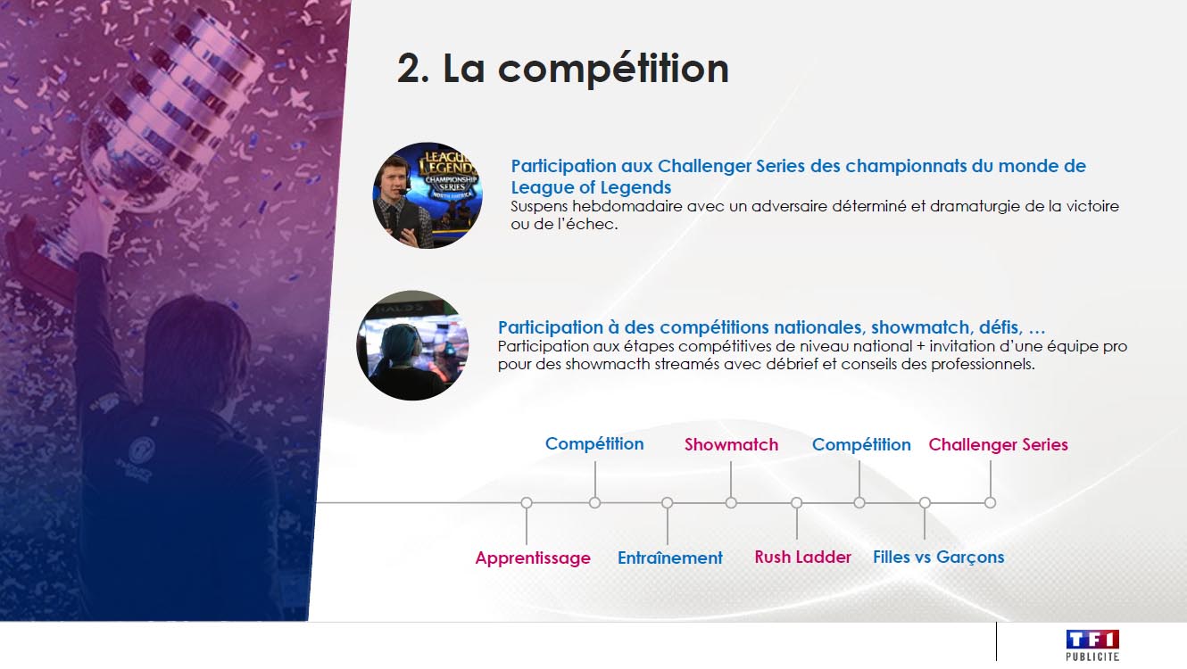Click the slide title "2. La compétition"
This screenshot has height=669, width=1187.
tap(563, 69)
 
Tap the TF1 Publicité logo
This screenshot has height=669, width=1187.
tap(1092, 645)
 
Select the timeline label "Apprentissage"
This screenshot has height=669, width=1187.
tap(533, 557)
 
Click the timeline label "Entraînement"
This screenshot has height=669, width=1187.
tap(669, 557)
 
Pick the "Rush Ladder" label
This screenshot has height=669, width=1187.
tap(802, 557)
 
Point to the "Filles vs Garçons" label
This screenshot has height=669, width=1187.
tap(939, 557)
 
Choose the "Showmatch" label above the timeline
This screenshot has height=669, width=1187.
tap(731, 444)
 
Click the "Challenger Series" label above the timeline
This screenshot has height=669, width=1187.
tap(999, 444)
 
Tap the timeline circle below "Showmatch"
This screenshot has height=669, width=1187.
tap(731, 503)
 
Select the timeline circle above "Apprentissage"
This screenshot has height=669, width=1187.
tap(527, 503)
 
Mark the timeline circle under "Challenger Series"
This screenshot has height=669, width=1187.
tap(990, 503)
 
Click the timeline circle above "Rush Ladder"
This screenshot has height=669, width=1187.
tap(796, 503)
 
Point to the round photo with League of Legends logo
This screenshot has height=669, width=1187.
tap(427, 195)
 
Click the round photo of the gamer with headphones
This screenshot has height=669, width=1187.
tap(412, 345)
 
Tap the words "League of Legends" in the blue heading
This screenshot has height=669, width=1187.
tap(591, 187)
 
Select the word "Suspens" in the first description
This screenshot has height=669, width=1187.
tap(539, 207)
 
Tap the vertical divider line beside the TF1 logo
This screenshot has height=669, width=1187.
tap(996, 641)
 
